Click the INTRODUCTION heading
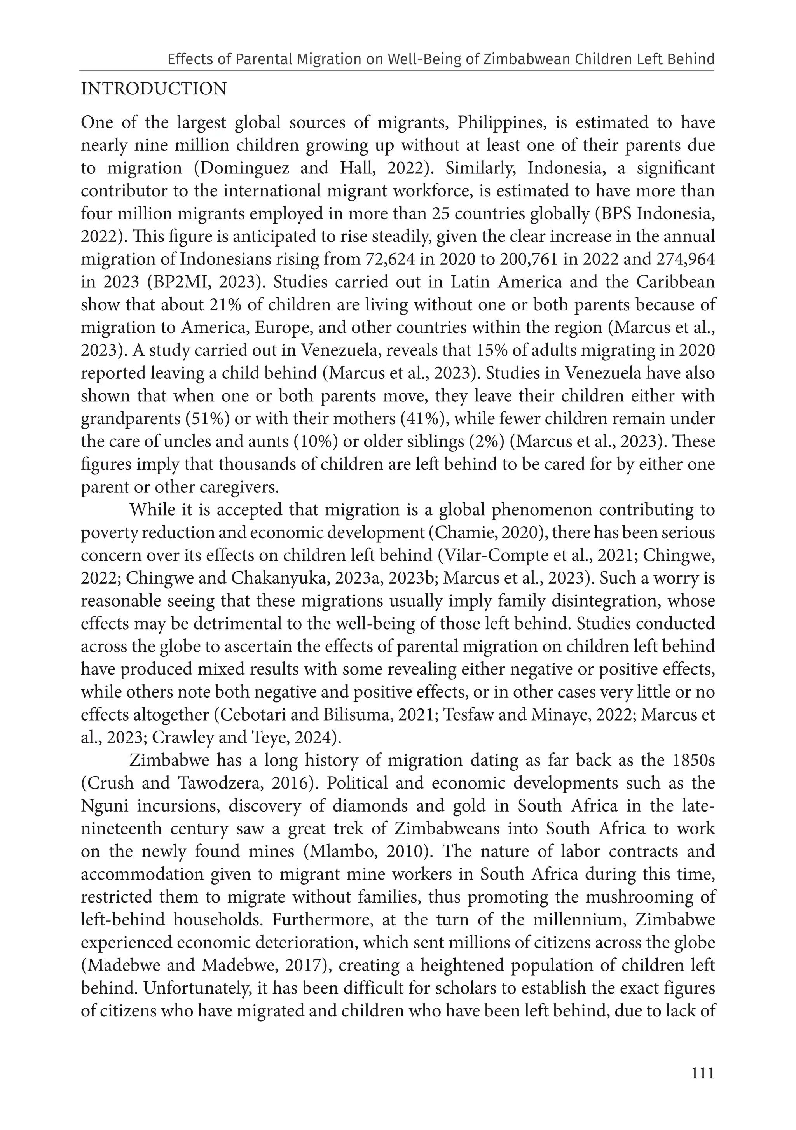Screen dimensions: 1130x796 coord(154,89)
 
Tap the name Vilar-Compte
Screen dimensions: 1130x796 coord(485,556)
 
